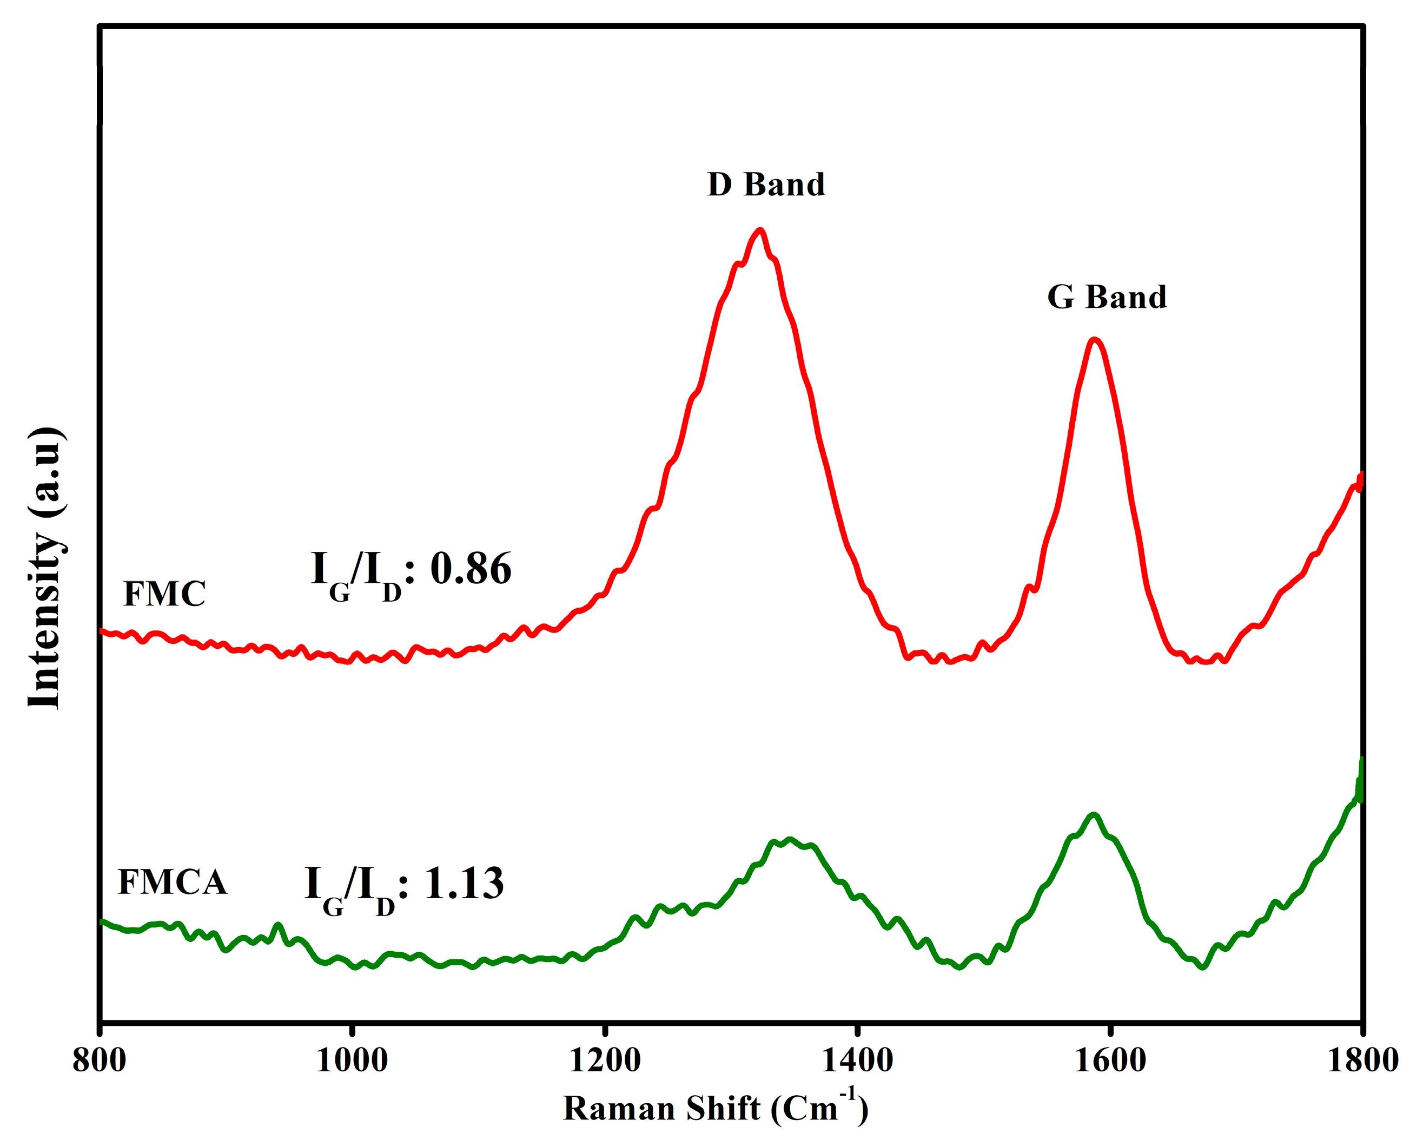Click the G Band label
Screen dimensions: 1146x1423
pyautogui.click(x=1107, y=297)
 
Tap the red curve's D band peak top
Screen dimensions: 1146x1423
pyautogui.click(x=760, y=230)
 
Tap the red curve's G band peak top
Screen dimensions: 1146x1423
pyautogui.click(x=1094, y=340)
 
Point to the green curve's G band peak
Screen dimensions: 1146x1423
pyautogui.click(x=1094, y=815)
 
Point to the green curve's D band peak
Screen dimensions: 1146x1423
pyautogui.click(x=789, y=840)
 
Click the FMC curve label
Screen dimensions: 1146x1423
pyautogui.click(x=164, y=594)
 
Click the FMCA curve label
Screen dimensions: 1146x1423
pyautogui.click(x=173, y=882)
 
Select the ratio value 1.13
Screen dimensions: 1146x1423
pyautogui.click(x=464, y=883)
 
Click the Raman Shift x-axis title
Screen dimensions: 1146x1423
pyautogui.click(x=716, y=1108)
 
